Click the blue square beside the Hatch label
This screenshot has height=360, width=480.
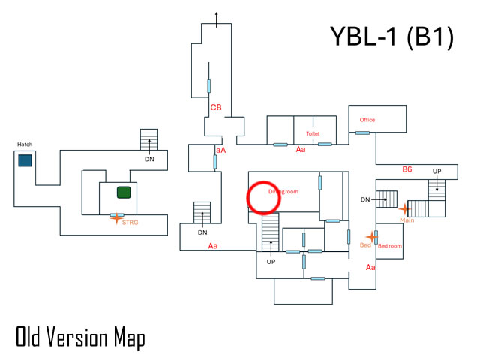pos(25,160)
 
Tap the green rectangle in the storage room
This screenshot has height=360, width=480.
pos(124,193)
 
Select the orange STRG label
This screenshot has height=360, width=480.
pos(130,222)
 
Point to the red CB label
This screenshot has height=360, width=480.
pos(215,107)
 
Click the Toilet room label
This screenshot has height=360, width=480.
pos(313,133)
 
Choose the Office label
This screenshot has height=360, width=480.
pos(367,120)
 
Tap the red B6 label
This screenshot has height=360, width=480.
pos(407,170)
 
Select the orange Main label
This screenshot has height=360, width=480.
pos(407,220)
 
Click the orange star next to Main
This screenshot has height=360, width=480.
pos(405,209)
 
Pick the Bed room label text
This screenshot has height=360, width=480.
pos(390,246)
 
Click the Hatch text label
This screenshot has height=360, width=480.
pos(25,145)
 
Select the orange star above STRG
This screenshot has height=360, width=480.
pos(115,217)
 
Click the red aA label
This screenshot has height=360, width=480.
pos(220,151)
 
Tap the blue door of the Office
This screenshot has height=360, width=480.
pos(362,133)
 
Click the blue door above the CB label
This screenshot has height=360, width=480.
pos(209,86)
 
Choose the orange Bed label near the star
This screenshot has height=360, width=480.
pos(365,245)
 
